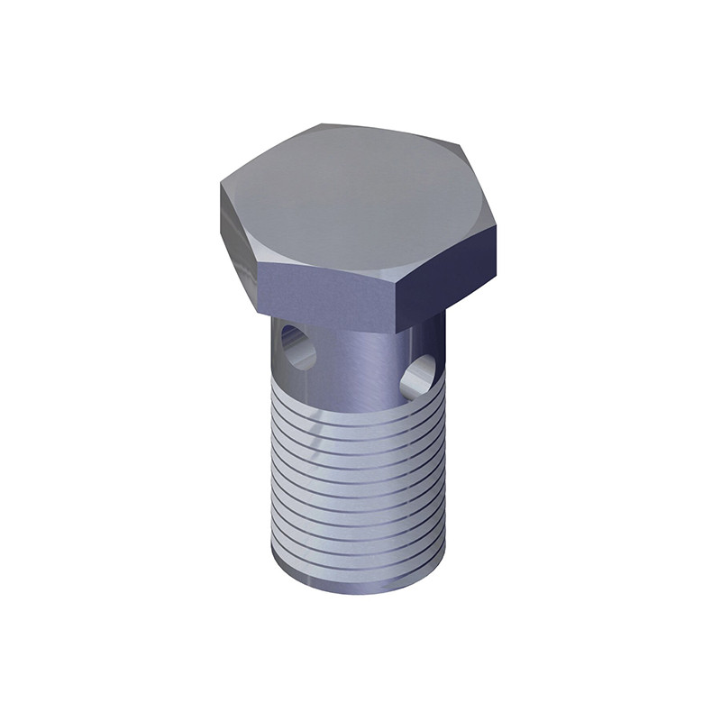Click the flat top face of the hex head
[360, 194]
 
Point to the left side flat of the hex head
[239, 239]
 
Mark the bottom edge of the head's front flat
[329, 320]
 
